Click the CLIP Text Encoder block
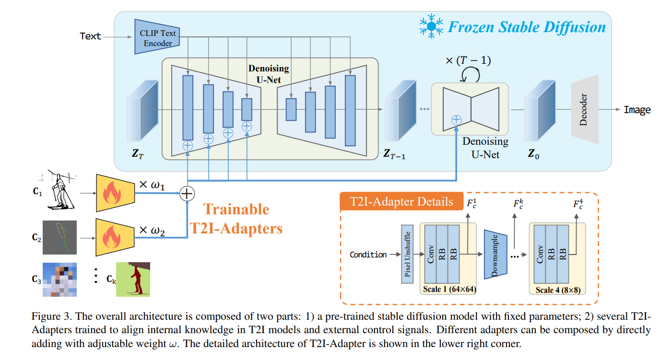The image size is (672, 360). point(157,37)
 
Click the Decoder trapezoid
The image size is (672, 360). point(584,110)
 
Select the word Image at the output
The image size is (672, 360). point(637,110)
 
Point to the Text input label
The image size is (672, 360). point(90,36)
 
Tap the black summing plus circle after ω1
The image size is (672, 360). point(187,193)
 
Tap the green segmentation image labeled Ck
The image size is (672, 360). point(133,279)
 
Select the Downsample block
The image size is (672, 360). point(495,254)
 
